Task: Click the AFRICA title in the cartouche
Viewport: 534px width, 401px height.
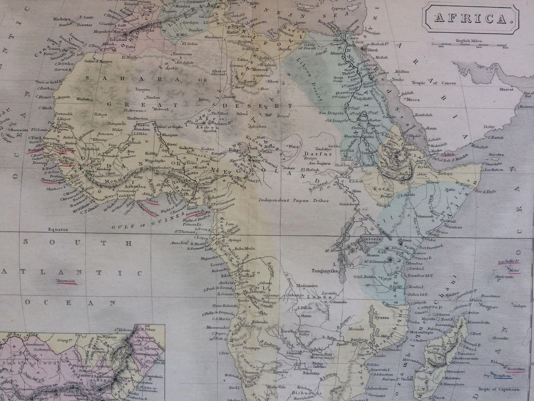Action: pos(470,19)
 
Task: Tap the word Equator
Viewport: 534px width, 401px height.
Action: pos(58,230)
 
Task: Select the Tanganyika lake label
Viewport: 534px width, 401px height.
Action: pos(324,271)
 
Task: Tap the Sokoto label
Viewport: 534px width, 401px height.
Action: pos(186,148)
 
